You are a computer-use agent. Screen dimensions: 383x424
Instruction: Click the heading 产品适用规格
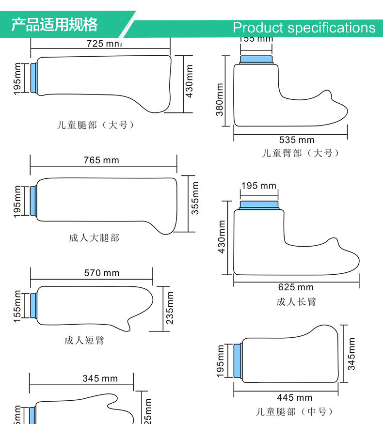tap(54, 25)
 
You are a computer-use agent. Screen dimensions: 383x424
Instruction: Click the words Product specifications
tap(304, 28)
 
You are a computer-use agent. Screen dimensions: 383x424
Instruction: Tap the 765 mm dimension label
tap(101, 160)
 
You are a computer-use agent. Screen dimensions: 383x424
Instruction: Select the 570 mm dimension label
tap(101, 273)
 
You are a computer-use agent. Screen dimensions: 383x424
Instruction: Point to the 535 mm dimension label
tap(297, 141)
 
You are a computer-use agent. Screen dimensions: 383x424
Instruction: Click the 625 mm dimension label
tap(296, 287)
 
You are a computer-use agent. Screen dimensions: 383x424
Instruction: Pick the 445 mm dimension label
tap(295, 397)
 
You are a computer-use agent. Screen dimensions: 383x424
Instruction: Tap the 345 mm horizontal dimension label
tap(100, 378)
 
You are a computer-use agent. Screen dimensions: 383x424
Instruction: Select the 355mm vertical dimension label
tap(195, 198)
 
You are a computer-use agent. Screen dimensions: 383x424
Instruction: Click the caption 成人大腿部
tap(94, 238)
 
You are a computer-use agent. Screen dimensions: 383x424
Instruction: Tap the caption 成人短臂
tap(84, 341)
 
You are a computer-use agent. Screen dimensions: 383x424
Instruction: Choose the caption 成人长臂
tap(296, 302)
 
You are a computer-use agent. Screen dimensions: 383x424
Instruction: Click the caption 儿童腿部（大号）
tap(96, 125)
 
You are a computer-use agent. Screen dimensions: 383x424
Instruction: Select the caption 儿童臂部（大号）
tap(301, 153)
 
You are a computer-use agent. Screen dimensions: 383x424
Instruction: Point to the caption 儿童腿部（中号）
tap(295, 412)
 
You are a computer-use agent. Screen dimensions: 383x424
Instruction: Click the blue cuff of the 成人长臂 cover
tap(259, 205)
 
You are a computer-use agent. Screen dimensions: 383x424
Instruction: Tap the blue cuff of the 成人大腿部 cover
tap(33, 201)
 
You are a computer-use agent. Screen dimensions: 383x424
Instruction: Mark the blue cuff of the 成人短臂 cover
tap(33, 305)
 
